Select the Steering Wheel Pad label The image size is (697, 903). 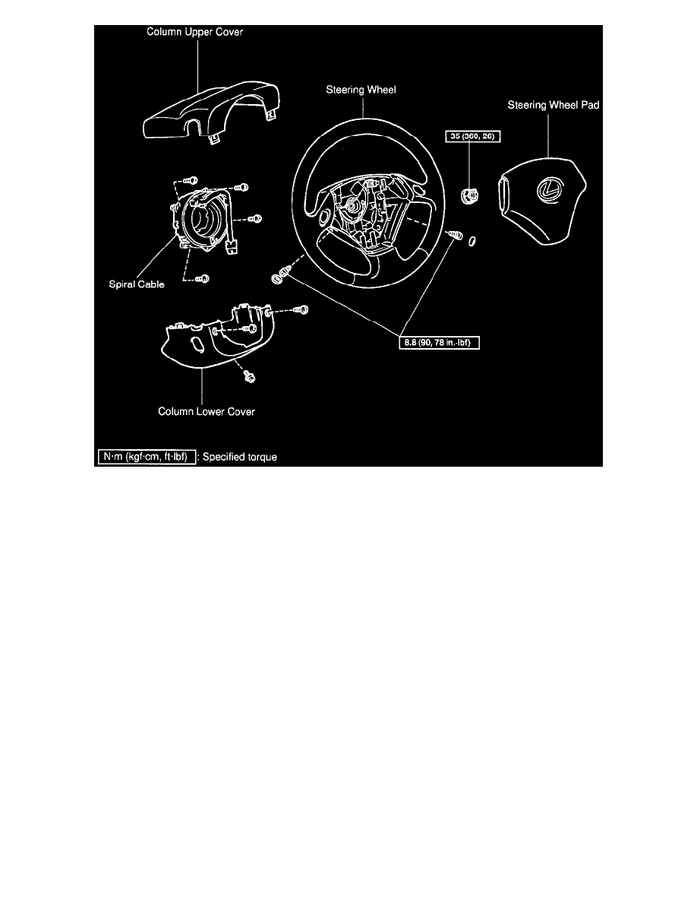[553, 106]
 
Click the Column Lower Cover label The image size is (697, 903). [206, 412]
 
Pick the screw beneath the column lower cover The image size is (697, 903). [249, 375]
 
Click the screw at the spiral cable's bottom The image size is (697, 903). [202, 280]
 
